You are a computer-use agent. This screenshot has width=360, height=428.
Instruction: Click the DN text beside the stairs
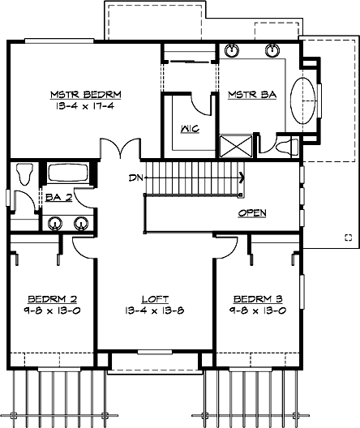point(135,177)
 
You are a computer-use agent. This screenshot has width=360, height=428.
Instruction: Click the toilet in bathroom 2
point(24,174)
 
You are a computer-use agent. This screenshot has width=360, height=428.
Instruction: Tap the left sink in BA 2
point(56,224)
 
